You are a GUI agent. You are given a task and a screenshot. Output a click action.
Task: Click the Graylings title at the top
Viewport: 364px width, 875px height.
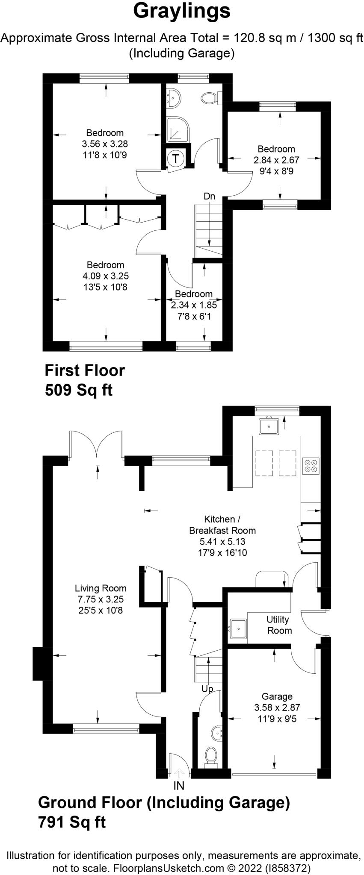(182, 11)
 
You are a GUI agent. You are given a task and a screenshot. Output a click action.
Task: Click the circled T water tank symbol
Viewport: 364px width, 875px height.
(176, 159)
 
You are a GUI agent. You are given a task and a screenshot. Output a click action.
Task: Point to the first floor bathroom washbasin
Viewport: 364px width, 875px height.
(174, 98)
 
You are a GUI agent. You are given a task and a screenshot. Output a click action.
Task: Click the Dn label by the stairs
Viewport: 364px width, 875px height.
(209, 197)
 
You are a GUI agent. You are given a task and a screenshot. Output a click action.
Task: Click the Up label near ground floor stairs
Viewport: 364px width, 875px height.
(207, 689)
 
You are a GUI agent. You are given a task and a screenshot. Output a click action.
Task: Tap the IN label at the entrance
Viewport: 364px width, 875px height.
(179, 785)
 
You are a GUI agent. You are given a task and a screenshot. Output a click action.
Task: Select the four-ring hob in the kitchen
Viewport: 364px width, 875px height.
(311, 466)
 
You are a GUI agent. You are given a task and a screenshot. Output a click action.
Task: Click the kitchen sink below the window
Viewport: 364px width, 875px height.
(269, 426)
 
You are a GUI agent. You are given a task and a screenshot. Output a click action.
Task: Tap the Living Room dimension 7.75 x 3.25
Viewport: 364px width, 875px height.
(101, 599)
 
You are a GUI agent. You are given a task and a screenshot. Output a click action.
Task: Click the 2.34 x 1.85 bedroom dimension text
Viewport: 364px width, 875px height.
(194, 305)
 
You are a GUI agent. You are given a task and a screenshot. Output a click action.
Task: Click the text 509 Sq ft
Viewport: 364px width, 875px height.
(79, 390)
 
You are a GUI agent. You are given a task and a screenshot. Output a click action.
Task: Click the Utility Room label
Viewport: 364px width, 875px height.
(279, 625)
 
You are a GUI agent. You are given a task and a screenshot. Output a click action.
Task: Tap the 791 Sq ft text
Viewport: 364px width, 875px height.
(72, 822)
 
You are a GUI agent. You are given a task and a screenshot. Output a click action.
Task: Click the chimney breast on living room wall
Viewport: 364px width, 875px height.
(38, 664)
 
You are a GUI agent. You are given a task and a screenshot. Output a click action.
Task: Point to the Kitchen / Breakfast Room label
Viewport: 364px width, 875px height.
(222, 525)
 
